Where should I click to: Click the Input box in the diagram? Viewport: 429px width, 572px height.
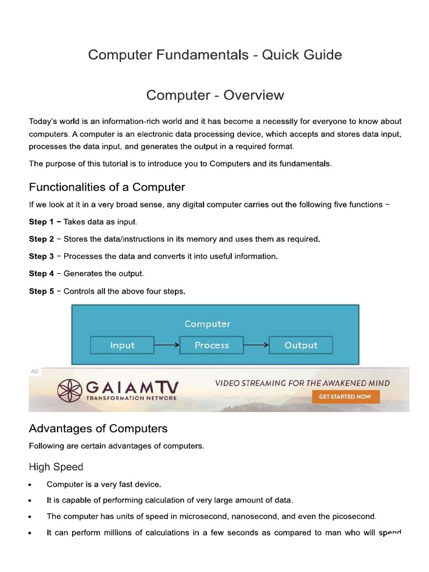click(122, 345)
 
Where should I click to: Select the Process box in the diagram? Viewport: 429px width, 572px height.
click(211, 345)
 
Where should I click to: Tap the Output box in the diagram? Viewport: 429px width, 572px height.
click(301, 345)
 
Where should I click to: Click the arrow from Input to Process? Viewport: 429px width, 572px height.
click(166, 345)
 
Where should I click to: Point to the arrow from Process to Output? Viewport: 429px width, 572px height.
click(256, 345)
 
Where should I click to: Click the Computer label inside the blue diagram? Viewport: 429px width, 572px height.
click(207, 324)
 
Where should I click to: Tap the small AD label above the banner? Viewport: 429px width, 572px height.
click(35, 371)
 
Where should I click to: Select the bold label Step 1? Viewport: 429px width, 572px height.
click(41, 222)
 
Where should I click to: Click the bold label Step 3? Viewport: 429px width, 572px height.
click(41, 256)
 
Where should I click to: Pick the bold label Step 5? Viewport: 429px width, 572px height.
click(41, 291)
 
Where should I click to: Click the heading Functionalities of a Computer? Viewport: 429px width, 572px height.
click(107, 187)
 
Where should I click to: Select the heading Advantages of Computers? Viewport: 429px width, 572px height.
click(98, 428)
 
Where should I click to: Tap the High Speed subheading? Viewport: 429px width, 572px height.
click(56, 467)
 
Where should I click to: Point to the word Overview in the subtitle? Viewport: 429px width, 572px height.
click(254, 96)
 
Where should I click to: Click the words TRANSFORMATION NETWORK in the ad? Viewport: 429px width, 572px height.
click(132, 398)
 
